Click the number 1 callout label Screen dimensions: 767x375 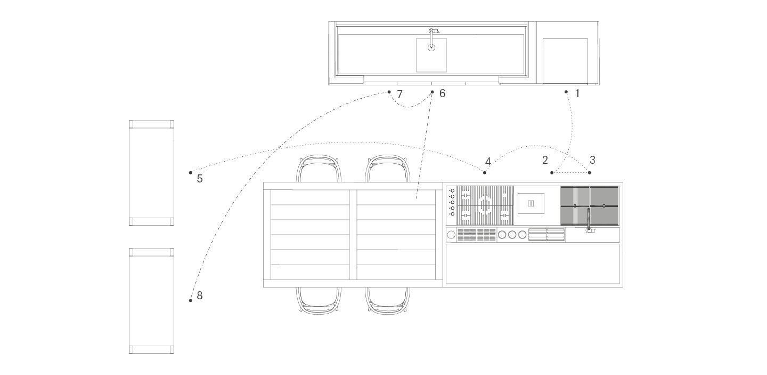pyautogui.click(x=577, y=93)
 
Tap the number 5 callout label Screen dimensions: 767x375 pyautogui.click(x=200, y=179)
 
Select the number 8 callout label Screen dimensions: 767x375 pyautogui.click(x=200, y=295)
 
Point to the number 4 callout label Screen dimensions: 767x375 pyautogui.click(x=488, y=162)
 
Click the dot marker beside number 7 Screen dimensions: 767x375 pyautogui.click(x=389, y=92)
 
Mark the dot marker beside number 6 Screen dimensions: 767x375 pyautogui.click(x=432, y=92)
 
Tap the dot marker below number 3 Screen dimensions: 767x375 pyautogui.click(x=589, y=172)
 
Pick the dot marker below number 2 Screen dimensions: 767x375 pyautogui.click(x=552, y=172)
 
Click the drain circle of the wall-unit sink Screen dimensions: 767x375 pyautogui.click(x=431, y=47)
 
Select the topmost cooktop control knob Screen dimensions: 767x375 pyautogui.click(x=452, y=190)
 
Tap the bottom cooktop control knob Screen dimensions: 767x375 pyautogui.click(x=452, y=214)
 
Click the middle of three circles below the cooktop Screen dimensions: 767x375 pyautogui.click(x=512, y=235)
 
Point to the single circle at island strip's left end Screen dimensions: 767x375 pyautogui.click(x=452, y=235)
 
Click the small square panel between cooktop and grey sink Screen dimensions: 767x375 pyautogui.click(x=531, y=204)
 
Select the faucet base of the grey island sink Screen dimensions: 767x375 pyautogui.click(x=590, y=230)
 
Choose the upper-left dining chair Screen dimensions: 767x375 pyautogui.click(x=319, y=169)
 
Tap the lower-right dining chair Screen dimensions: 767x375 pyautogui.click(x=387, y=301)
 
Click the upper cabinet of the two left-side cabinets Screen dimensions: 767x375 pyautogui.click(x=151, y=173)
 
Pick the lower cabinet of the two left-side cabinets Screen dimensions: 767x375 pyautogui.click(x=151, y=301)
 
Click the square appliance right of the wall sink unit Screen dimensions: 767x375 pyautogui.click(x=565, y=61)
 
